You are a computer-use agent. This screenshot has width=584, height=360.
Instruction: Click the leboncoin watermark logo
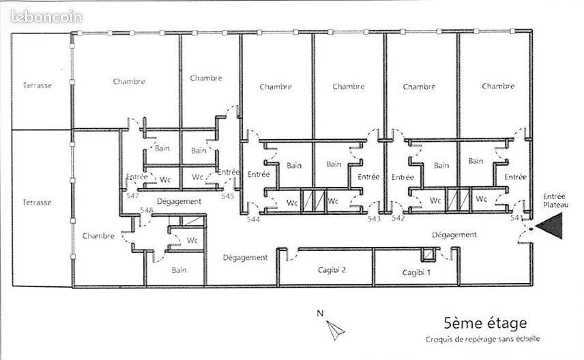(46, 17)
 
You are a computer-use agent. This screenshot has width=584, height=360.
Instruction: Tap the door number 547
(132, 196)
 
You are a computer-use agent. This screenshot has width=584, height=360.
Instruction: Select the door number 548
(147, 210)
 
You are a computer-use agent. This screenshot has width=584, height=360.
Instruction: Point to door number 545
(228, 196)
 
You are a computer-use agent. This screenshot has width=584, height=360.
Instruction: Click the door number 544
(253, 219)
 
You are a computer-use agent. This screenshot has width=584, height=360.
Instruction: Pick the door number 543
(374, 219)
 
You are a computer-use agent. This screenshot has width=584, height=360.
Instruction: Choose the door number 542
(398, 217)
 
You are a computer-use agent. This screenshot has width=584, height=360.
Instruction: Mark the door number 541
(516, 217)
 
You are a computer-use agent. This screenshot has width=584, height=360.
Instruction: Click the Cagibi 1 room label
(416, 273)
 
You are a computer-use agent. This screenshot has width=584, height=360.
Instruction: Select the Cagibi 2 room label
(332, 270)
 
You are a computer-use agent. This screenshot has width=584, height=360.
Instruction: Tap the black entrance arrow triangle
(549, 226)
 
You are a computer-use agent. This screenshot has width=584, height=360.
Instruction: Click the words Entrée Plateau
(555, 200)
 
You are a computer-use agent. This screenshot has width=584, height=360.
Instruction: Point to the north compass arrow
(335, 330)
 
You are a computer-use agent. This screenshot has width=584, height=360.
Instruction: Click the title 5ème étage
(485, 322)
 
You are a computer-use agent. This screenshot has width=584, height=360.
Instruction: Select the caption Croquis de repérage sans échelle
(483, 339)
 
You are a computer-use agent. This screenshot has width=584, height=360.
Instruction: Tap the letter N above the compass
(320, 313)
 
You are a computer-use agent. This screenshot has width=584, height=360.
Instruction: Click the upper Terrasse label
(38, 85)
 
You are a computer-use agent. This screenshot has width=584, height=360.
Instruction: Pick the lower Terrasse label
(37, 202)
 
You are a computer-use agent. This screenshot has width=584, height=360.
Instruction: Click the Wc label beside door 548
(192, 240)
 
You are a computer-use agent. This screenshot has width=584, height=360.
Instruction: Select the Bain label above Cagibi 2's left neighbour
(179, 270)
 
